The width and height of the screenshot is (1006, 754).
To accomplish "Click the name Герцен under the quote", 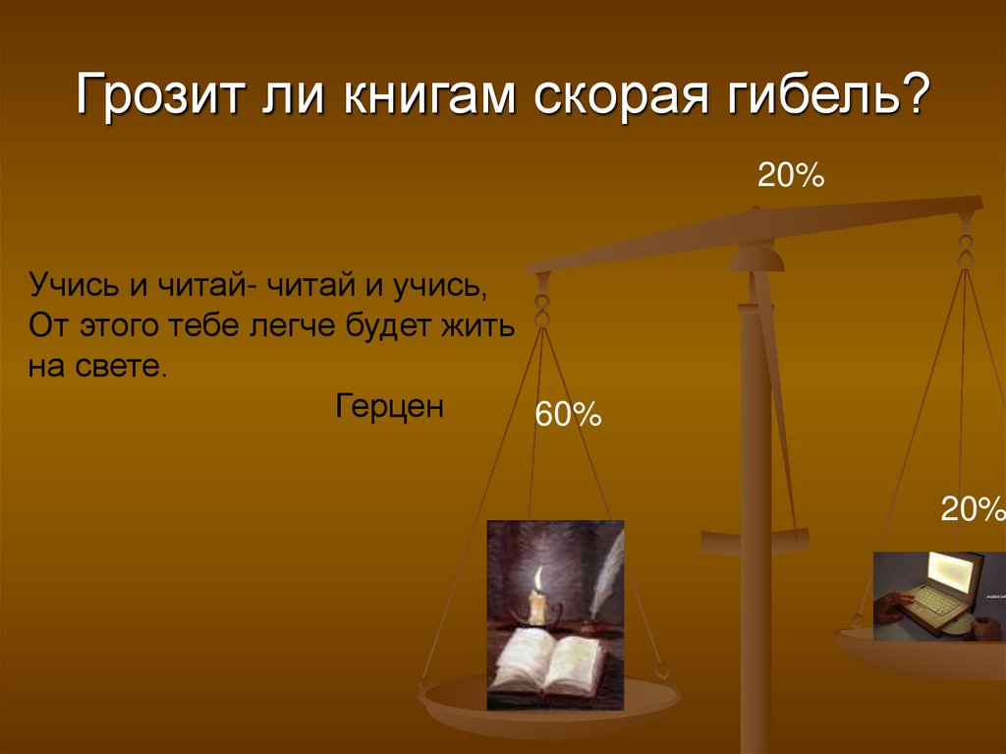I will (x=390, y=404).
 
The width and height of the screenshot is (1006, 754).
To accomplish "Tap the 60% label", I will (x=567, y=415).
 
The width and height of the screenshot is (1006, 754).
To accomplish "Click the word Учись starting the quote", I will (x=73, y=286).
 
